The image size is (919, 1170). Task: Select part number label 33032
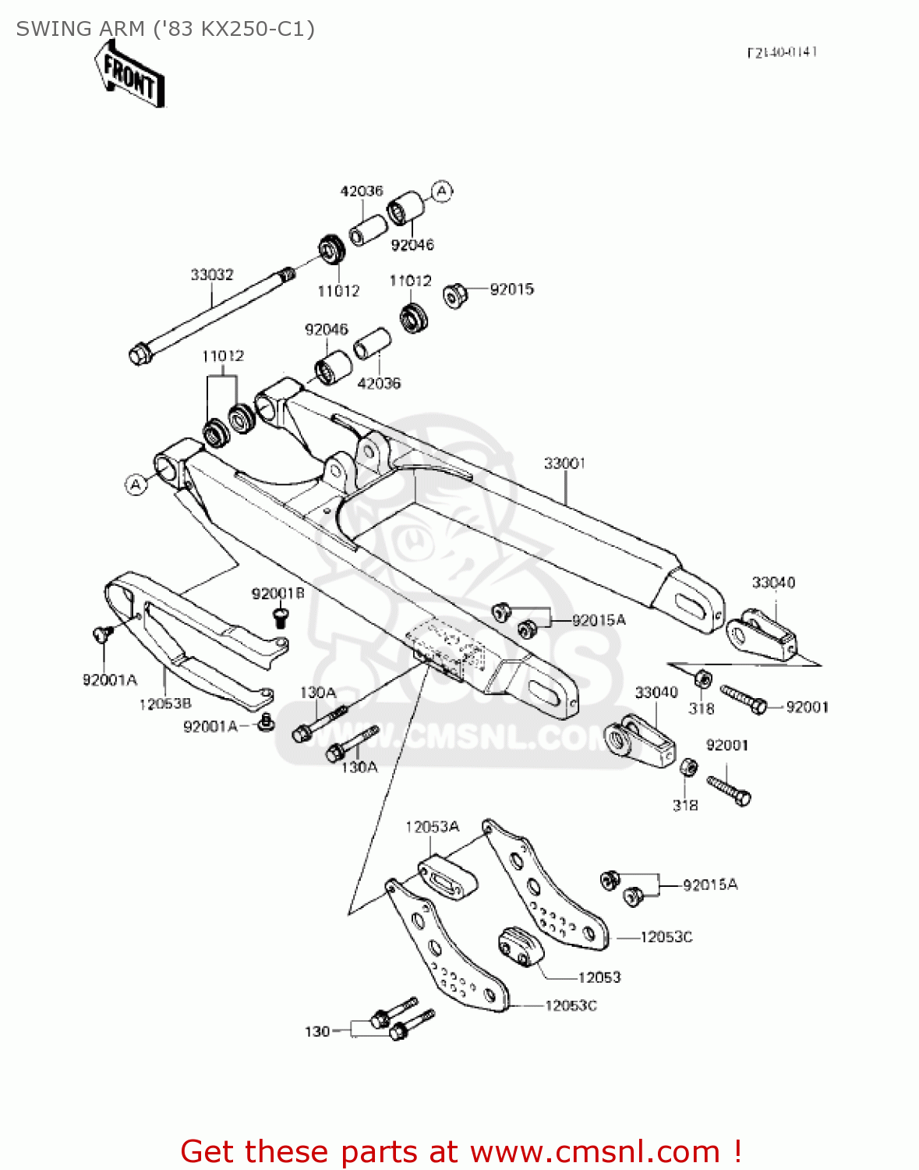pyautogui.click(x=212, y=275)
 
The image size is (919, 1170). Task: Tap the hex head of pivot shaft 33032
pyautogui.click(x=140, y=355)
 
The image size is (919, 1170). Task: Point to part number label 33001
pyautogui.click(x=564, y=463)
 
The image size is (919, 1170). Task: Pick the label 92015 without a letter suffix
pyautogui.click(x=511, y=289)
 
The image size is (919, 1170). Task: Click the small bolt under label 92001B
pyautogui.click(x=280, y=617)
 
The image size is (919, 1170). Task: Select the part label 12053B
pyautogui.click(x=165, y=704)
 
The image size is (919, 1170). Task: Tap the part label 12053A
pyautogui.click(x=432, y=827)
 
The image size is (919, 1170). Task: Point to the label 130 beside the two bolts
pyautogui.click(x=317, y=1031)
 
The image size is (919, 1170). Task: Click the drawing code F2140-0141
pyautogui.click(x=782, y=52)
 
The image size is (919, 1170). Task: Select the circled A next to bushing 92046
pyautogui.click(x=442, y=191)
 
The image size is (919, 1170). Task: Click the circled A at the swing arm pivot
pyautogui.click(x=136, y=484)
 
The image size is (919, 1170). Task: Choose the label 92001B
pyautogui.click(x=277, y=594)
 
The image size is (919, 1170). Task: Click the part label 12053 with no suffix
pyautogui.click(x=599, y=977)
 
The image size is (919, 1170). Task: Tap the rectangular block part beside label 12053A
pyautogui.click(x=448, y=877)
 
